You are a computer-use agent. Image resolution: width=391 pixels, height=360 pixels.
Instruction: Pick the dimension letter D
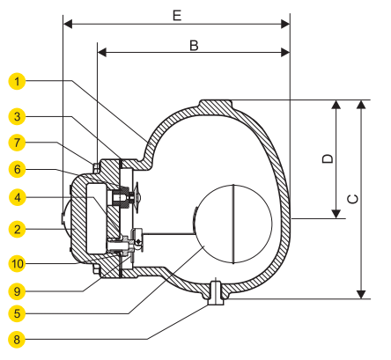(x=326, y=158)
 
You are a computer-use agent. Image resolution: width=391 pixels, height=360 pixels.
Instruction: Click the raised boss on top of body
(x=215, y=105)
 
